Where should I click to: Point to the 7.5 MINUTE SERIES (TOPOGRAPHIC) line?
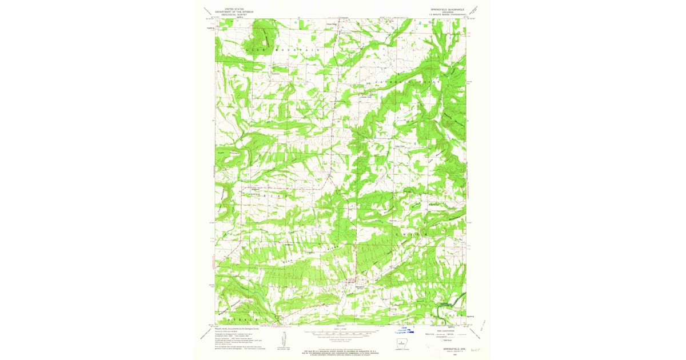(x=448, y=14)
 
